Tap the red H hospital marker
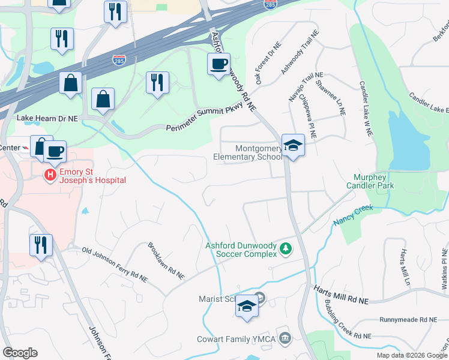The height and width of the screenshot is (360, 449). [x=50, y=174]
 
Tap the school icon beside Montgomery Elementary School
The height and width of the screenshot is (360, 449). [x=292, y=145]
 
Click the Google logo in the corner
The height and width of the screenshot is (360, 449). [x=20, y=353]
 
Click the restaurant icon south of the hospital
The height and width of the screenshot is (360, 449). [x=41, y=245]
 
